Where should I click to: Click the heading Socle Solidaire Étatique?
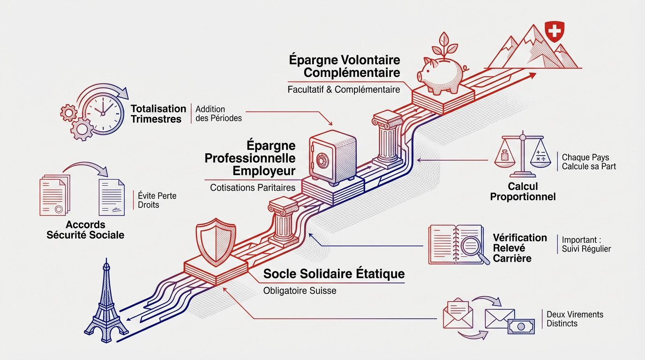(334, 273)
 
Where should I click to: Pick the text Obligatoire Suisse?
(300, 291)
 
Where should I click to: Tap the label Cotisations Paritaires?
(253, 187)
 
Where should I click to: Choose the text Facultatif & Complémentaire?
(344, 90)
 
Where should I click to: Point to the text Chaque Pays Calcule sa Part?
(589, 162)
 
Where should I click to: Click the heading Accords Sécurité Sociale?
(85, 230)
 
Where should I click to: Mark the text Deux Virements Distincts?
(575, 319)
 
